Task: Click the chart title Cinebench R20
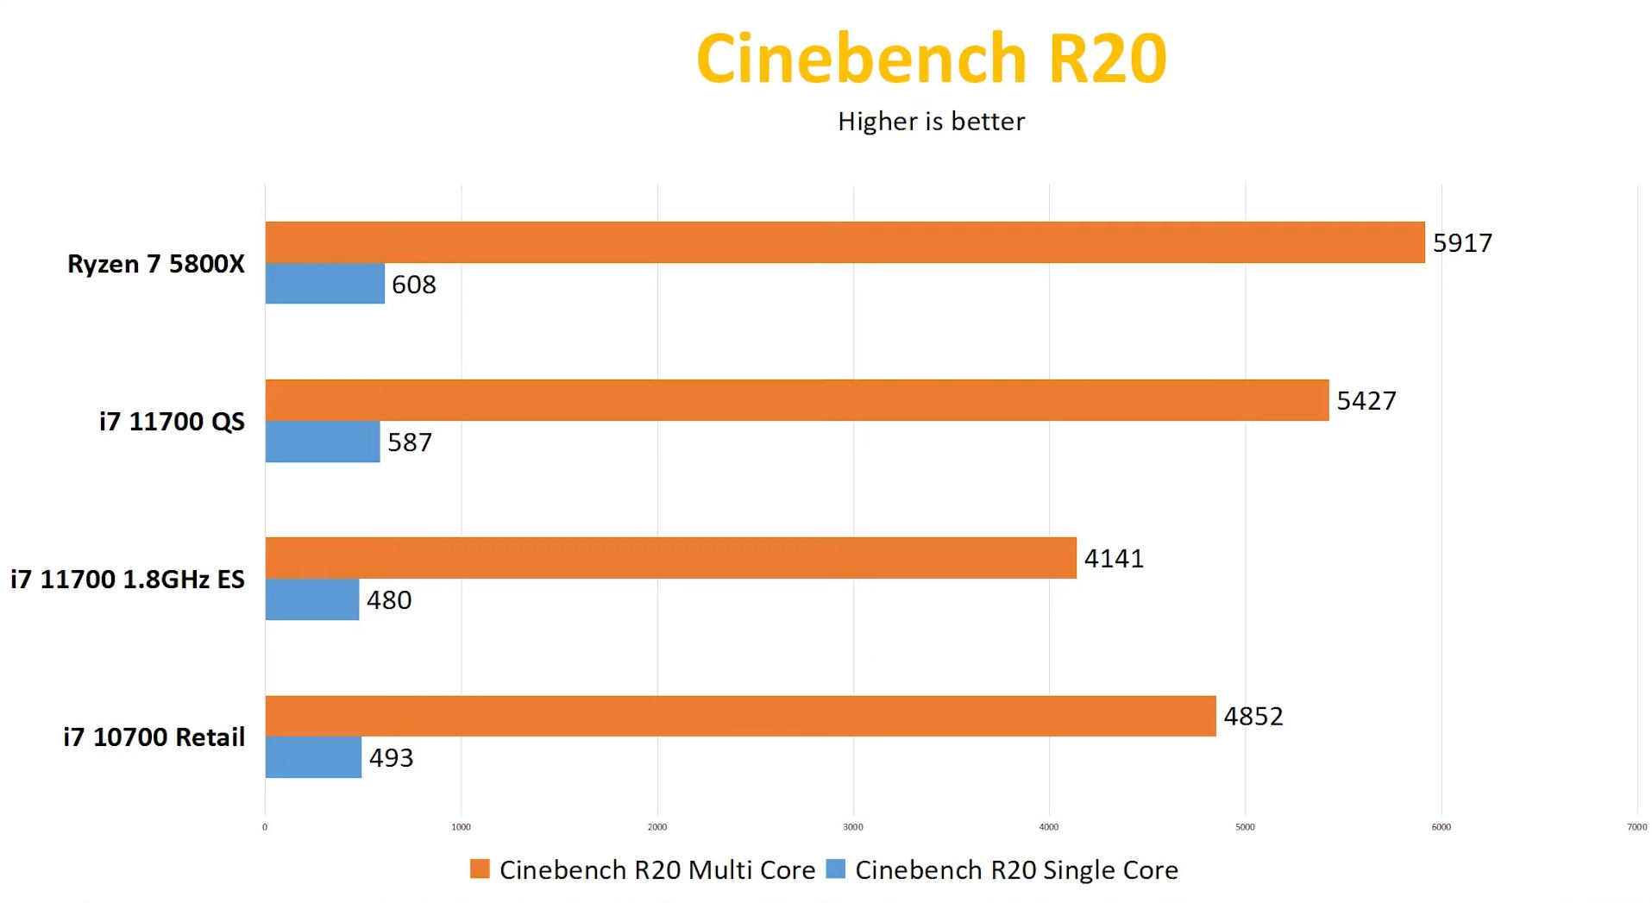(x=931, y=59)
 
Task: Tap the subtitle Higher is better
(x=931, y=122)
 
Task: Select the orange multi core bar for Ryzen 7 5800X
(x=845, y=242)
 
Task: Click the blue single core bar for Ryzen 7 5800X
(x=324, y=284)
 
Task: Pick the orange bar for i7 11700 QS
(x=796, y=400)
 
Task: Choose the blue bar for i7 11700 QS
(x=322, y=442)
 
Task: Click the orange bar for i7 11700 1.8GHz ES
(x=670, y=558)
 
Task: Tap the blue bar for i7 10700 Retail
(x=313, y=757)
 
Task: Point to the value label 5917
(x=1462, y=243)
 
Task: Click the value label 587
(x=410, y=442)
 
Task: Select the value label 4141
(x=1114, y=559)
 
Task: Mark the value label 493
(x=391, y=758)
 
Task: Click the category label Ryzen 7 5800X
(x=156, y=264)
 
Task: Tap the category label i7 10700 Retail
(x=154, y=737)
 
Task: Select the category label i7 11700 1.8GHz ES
(x=128, y=580)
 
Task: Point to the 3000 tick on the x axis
(x=852, y=827)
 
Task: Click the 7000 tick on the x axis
(x=1636, y=827)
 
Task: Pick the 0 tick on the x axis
(x=265, y=827)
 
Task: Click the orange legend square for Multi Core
(x=479, y=869)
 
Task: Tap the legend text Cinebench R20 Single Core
(x=1016, y=870)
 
